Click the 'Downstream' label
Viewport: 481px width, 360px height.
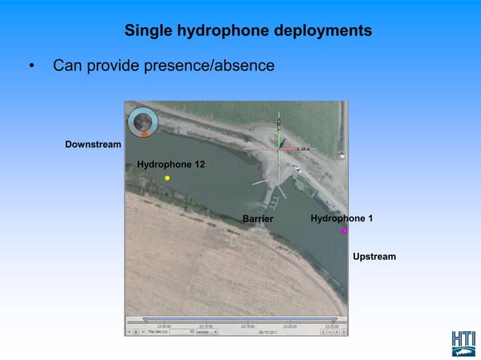[x=93, y=144]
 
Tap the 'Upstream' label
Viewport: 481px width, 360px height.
[x=374, y=257]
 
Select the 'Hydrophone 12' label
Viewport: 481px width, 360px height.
[x=170, y=164]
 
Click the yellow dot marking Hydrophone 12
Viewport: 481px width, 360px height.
[x=167, y=178]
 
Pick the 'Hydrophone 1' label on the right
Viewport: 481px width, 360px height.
[x=342, y=218]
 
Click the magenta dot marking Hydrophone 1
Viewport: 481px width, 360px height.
[x=345, y=231]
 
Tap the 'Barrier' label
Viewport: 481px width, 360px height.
[x=257, y=219]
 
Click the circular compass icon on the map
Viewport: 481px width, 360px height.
[x=142, y=120]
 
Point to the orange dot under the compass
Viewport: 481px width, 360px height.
[x=144, y=134]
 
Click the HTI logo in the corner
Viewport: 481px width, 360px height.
[x=464, y=343]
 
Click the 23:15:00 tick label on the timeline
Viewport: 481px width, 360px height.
[x=248, y=326]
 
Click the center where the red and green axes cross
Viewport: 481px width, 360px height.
[x=280, y=148]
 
